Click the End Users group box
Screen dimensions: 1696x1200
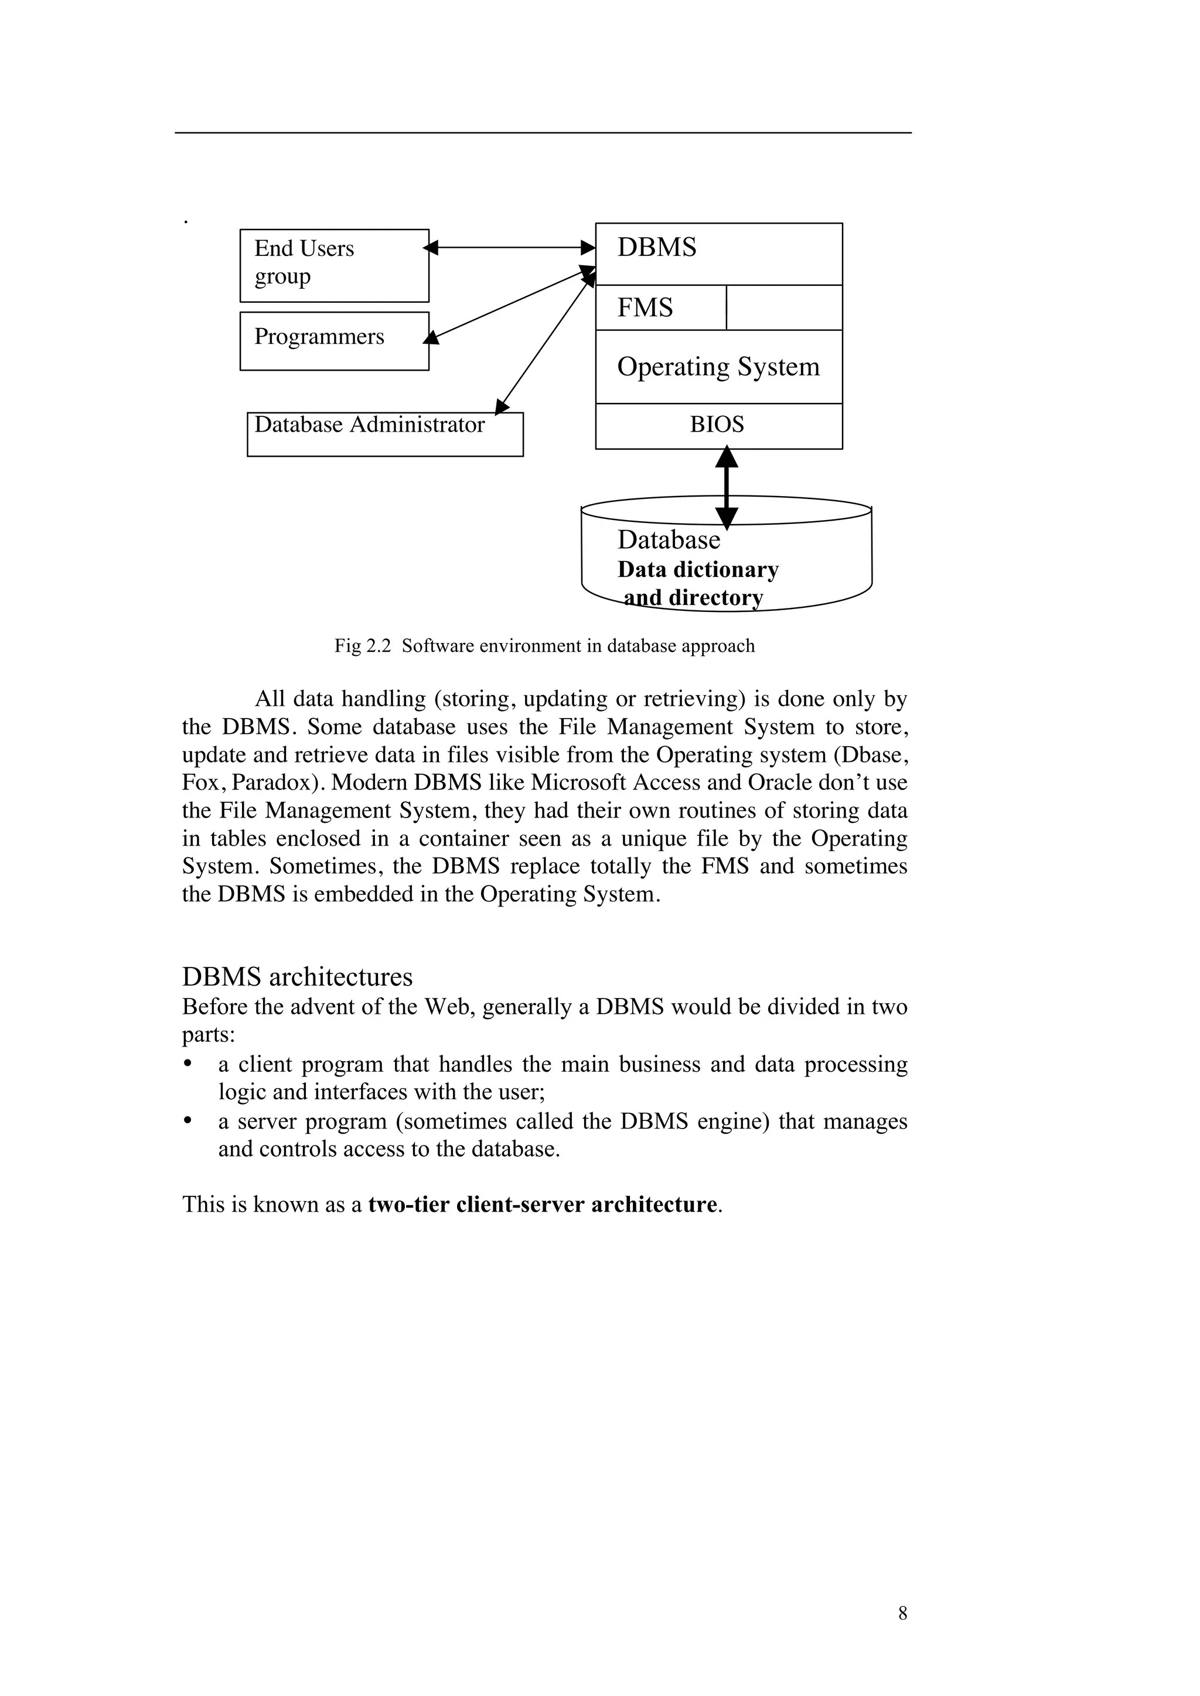tap(334, 265)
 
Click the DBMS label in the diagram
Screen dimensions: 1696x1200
tap(656, 248)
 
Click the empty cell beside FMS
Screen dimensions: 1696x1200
tap(784, 307)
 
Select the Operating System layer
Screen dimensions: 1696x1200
tap(718, 367)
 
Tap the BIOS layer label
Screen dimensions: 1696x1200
tap(717, 425)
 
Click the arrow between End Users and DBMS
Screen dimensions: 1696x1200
tap(510, 248)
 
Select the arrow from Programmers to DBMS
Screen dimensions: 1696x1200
tap(510, 305)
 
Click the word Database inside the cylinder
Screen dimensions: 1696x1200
tap(668, 540)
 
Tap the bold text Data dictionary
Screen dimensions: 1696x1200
tap(697, 570)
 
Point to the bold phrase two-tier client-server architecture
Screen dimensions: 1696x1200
tap(543, 1204)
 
